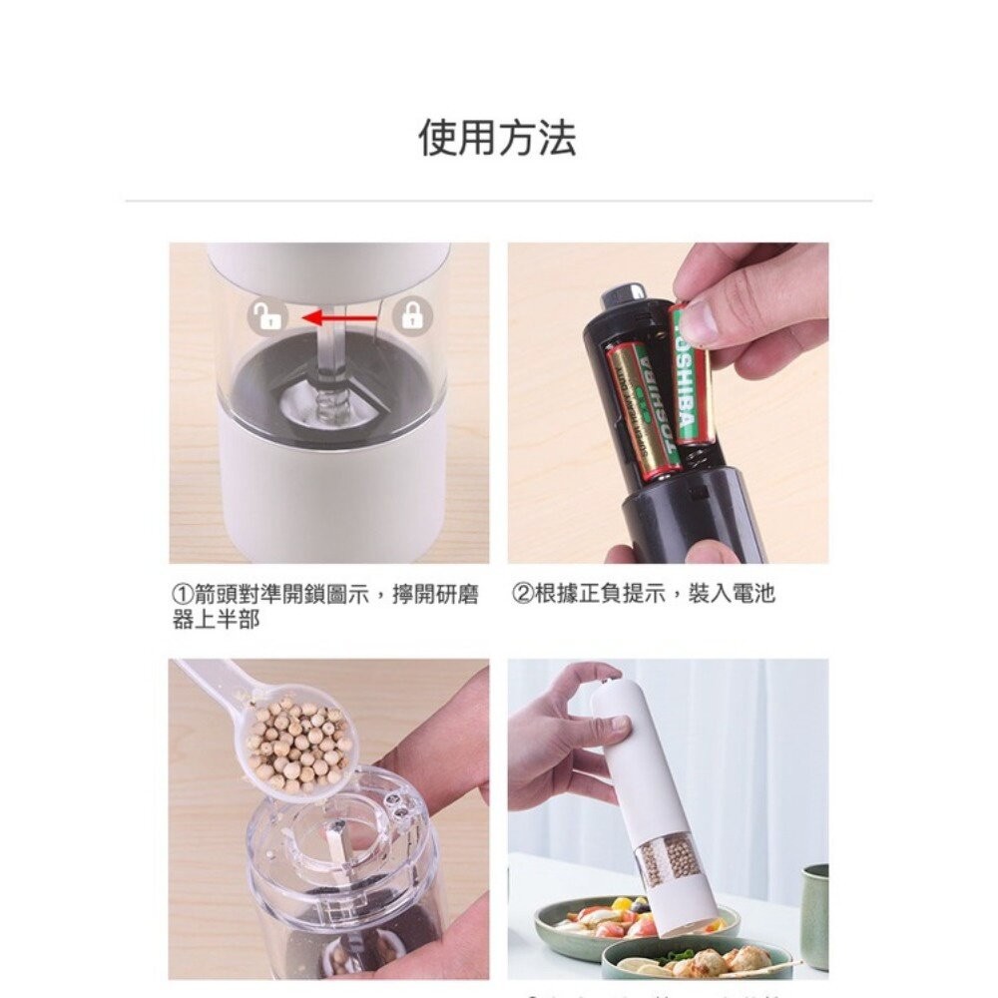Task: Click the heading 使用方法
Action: coord(497,138)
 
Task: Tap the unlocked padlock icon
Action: coord(267,317)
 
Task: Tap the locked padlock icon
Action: coord(410,317)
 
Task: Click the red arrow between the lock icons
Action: coord(339,318)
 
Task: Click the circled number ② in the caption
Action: coord(522,595)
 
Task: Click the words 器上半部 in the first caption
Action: coord(216,621)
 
